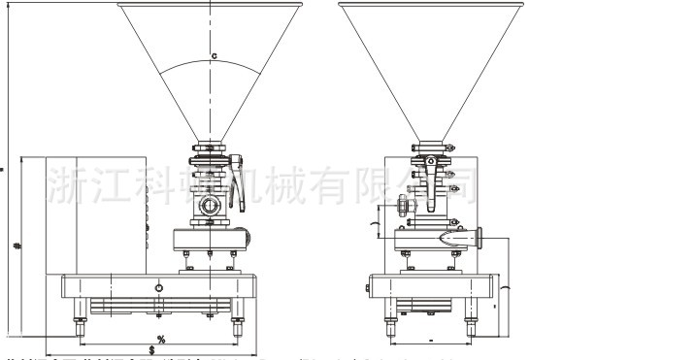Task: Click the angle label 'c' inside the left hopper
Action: click(x=214, y=54)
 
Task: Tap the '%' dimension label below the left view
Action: click(x=160, y=338)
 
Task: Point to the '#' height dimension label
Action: click(x=17, y=245)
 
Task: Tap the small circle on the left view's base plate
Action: click(x=160, y=288)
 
